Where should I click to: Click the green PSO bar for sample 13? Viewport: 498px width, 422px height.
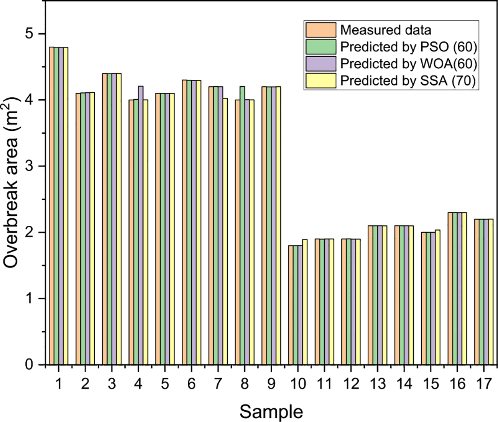tap(375, 295)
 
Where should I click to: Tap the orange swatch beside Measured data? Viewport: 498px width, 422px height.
tap(320, 30)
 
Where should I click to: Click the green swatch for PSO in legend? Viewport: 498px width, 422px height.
tap(320, 47)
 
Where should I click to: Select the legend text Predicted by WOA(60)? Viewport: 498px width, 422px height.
tap(409, 64)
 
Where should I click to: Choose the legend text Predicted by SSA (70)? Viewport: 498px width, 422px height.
tap(409, 80)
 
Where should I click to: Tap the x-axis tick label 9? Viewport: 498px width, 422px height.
tap(271, 384)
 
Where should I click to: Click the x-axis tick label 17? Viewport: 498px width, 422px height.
tap(483, 384)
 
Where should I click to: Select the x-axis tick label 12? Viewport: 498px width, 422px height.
tap(351, 384)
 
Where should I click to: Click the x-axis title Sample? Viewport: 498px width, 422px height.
tap(271, 412)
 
